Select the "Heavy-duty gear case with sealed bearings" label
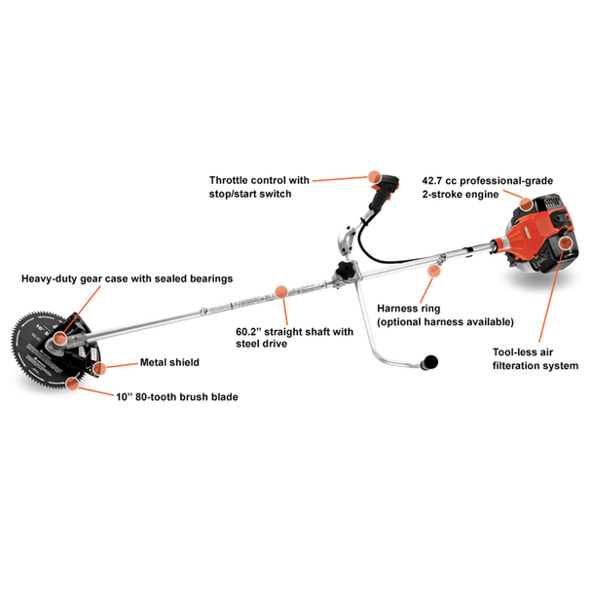[127, 278]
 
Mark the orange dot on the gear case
[60, 338]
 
